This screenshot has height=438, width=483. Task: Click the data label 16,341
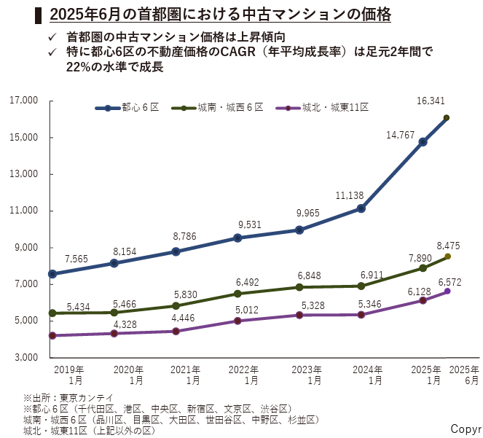[446, 101]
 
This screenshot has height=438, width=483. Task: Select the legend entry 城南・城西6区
[231, 108]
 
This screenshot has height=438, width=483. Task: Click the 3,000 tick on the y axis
[28, 358]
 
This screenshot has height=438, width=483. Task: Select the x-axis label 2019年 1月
[69, 375]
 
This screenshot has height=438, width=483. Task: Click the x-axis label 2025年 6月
[464, 375]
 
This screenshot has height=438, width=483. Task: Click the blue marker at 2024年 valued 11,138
[361, 208]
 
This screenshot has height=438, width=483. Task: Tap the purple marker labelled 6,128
[423, 300]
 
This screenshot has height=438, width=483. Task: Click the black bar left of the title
[38, 14]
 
